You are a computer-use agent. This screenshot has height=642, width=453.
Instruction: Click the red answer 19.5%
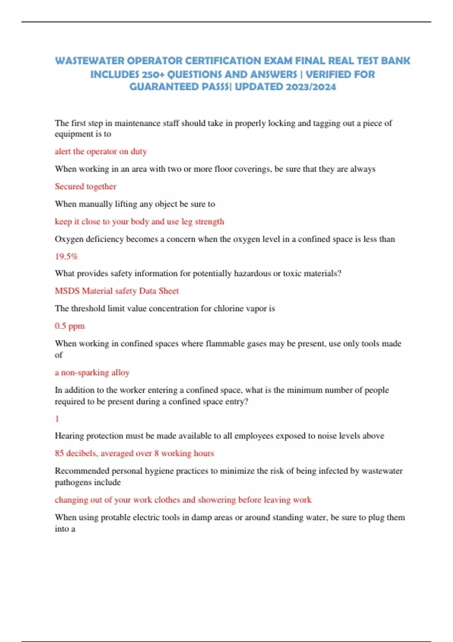[66, 256]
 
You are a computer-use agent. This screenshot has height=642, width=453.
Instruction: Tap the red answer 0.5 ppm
[70, 326]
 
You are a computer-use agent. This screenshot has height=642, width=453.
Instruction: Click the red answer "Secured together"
[85, 186]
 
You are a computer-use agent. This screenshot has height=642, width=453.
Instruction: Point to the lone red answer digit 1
[57, 419]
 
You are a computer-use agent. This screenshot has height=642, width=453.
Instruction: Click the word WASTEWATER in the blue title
[89, 61]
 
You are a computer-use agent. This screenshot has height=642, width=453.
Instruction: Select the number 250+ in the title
[154, 74]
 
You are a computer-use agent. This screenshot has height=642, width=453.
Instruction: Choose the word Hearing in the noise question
[69, 436]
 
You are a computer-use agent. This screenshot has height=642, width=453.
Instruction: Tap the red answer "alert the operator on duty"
[100, 151]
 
